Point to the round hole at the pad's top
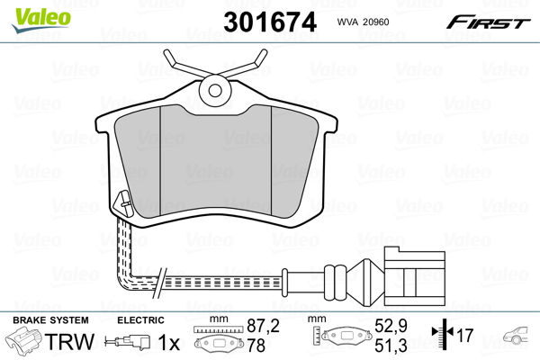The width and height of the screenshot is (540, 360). pyautogui.click(x=214, y=88)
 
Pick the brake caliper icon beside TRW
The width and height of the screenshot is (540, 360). pyautogui.click(x=25, y=343)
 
